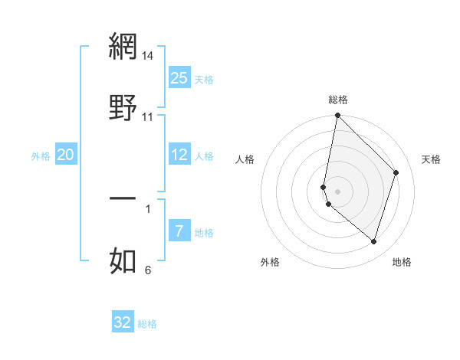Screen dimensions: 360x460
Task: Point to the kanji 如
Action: (123, 260)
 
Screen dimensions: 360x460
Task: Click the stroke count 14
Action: (148, 56)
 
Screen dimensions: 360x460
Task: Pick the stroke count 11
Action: (148, 117)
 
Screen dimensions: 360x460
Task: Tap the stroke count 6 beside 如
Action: (148, 270)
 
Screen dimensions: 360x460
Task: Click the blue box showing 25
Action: (179, 78)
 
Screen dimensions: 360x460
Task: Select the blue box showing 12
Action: (179, 155)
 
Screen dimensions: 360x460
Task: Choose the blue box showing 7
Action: (179, 231)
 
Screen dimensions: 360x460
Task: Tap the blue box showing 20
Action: (66, 155)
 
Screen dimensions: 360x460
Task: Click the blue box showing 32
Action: (123, 322)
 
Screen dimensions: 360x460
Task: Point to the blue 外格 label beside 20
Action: (41, 156)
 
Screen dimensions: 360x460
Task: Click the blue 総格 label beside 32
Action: (147, 324)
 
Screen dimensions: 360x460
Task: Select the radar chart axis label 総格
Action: (338, 100)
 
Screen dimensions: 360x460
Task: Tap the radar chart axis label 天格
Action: (431, 159)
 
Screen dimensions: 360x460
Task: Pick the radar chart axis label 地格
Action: (402, 262)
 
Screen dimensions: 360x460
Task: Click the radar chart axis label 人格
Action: (245, 159)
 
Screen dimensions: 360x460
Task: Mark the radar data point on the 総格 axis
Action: (337, 116)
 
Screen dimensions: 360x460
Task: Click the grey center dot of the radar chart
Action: (337, 191)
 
